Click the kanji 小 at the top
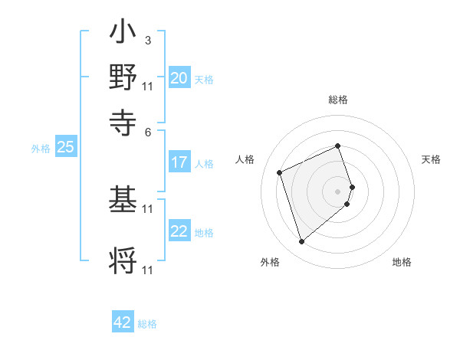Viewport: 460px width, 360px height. point(123,34)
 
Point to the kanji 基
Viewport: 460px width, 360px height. point(123,201)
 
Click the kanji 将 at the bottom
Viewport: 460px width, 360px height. point(123,260)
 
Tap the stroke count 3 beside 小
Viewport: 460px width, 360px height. point(147,40)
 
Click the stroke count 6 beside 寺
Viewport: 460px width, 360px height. point(148,131)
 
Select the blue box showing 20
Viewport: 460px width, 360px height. point(179,77)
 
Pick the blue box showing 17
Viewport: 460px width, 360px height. point(179,162)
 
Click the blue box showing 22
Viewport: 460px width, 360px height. point(179,231)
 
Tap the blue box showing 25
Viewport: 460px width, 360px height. point(65,147)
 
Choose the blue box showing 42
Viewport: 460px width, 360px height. point(123,322)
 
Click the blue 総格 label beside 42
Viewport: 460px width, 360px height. point(147,324)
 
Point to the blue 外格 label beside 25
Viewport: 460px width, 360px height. point(41,149)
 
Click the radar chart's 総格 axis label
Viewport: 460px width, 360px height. point(338,100)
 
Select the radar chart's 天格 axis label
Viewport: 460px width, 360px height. point(431,159)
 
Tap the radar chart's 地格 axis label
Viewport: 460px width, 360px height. point(402,263)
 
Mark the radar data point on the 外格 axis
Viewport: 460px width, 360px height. point(301,242)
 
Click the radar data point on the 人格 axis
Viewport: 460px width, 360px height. point(281,172)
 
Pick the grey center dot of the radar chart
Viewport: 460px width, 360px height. point(338,191)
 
